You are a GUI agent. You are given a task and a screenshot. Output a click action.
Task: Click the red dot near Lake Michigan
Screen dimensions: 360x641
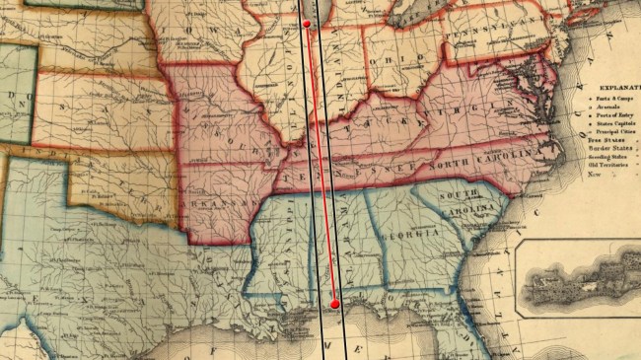click(307, 23)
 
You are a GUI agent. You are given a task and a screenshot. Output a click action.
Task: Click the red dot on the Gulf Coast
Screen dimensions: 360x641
click(334, 304)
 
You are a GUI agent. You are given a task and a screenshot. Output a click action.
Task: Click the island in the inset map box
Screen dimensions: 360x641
click(582, 286)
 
